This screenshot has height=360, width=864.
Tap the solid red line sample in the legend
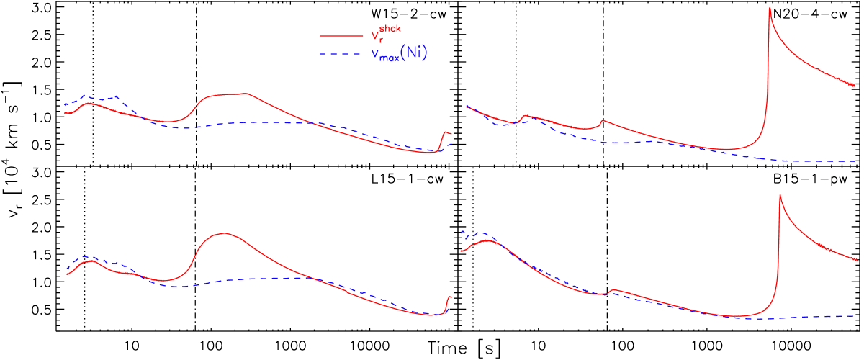341,35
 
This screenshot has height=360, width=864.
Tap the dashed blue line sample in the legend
341,55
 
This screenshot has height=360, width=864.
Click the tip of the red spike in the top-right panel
770,8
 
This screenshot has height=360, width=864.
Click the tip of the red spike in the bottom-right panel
780,194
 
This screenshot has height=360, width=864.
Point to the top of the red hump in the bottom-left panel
225,233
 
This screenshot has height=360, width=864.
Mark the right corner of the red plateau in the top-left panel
248,94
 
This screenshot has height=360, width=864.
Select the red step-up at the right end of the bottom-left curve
449,297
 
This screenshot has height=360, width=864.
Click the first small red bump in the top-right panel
526,115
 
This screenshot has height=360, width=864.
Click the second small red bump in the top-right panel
602,120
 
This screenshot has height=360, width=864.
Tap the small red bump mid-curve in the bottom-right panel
613,289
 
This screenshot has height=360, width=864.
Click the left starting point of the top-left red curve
64,112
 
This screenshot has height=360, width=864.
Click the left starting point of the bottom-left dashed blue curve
68,269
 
